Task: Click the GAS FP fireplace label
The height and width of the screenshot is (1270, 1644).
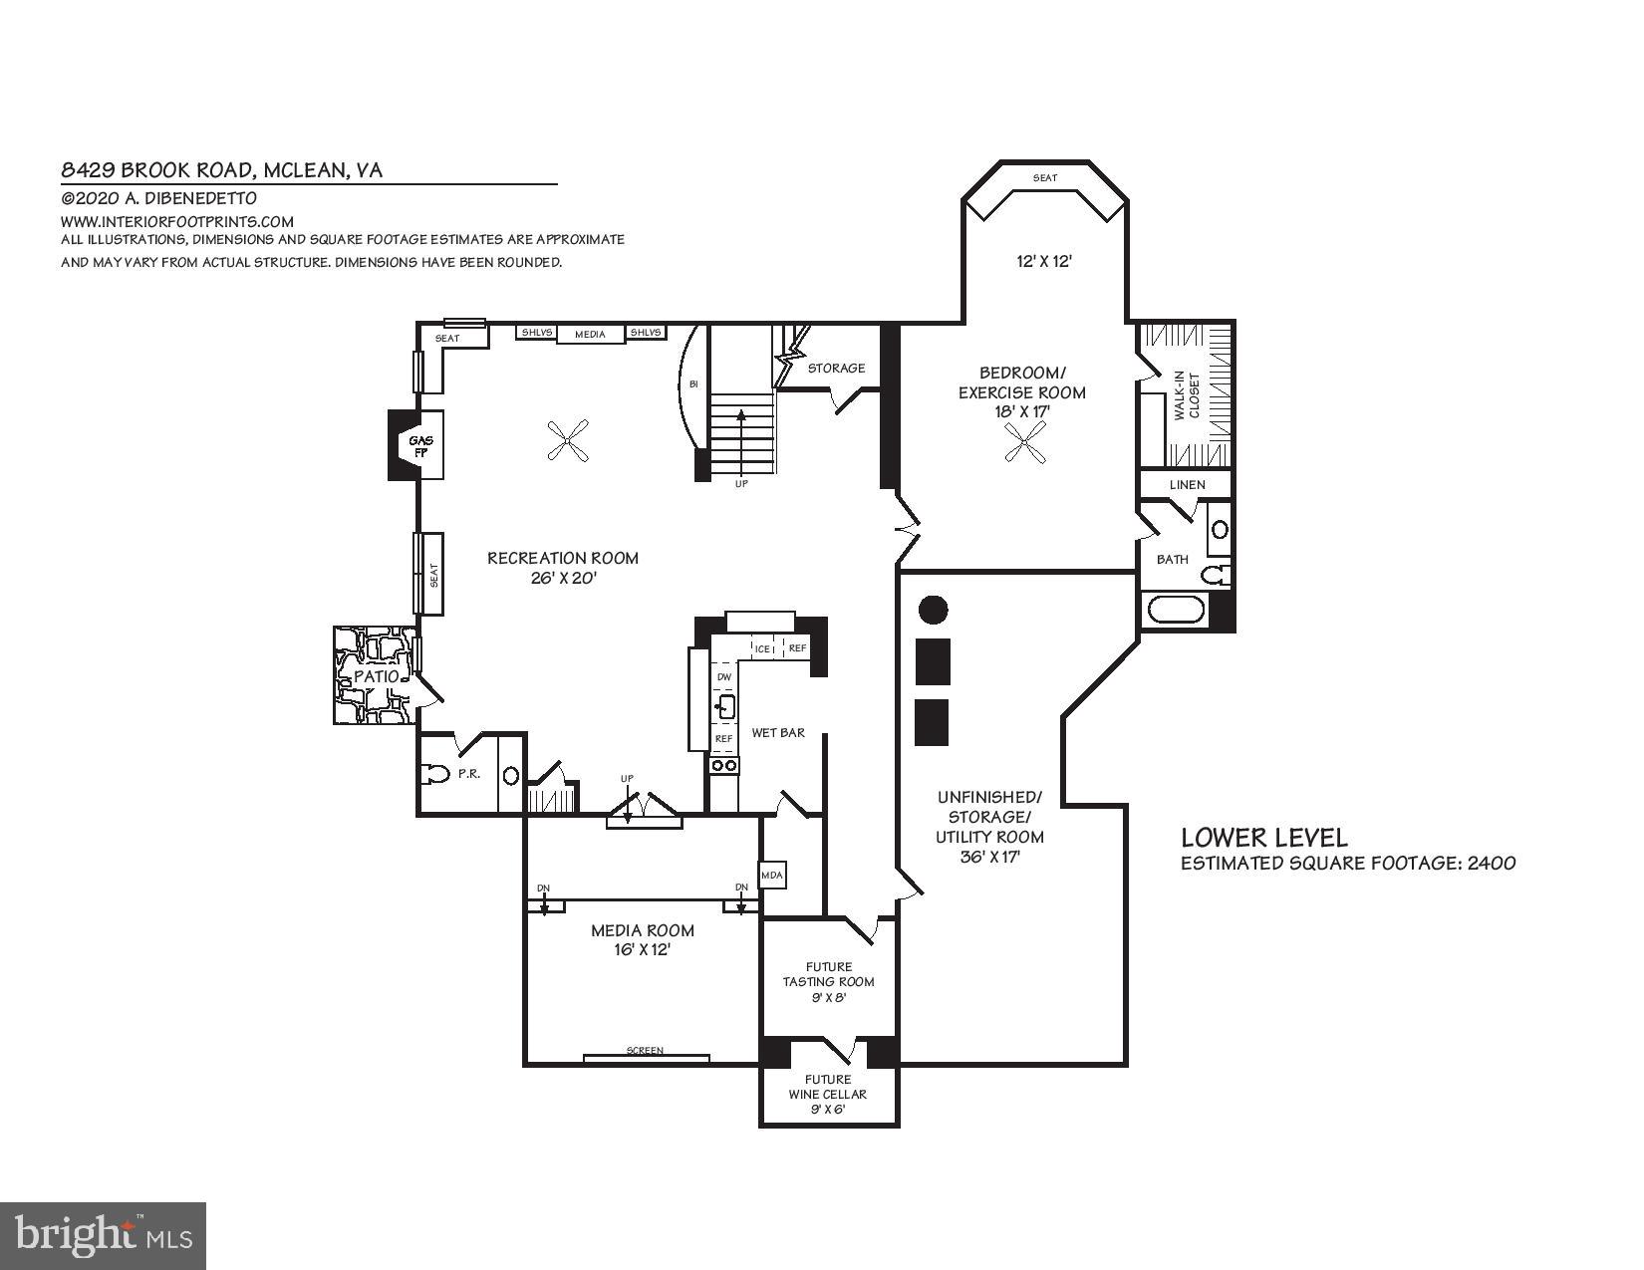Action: (x=420, y=446)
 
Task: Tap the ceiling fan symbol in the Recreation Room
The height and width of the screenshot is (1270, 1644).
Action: (x=570, y=439)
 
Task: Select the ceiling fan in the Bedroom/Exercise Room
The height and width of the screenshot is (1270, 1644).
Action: (x=1025, y=441)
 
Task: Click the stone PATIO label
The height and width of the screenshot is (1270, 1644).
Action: (x=377, y=676)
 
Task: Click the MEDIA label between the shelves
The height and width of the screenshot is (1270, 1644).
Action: (x=590, y=334)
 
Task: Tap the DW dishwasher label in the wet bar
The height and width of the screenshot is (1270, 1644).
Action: (x=724, y=676)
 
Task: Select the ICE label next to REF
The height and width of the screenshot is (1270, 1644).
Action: (x=763, y=648)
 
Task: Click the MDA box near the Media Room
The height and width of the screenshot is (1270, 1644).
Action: (x=773, y=876)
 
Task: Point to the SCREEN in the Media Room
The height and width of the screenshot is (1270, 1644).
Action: (x=646, y=1051)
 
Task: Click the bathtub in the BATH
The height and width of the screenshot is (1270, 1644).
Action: (x=1176, y=609)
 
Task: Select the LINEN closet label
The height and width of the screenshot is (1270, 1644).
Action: (x=1187, y=484)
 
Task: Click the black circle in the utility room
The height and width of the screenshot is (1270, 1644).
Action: (x=933, y=610)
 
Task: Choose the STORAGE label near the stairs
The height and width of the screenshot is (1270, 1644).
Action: (x=836, y=368)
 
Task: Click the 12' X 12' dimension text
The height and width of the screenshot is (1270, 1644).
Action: (x=1043, y=261)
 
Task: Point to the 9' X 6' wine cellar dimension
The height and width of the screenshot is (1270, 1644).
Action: (x=828, y=1109)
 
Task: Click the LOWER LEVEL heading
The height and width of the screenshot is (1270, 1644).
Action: (x=1263, y=838)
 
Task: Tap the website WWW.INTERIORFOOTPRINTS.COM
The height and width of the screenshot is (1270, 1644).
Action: (x=177, y=221)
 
